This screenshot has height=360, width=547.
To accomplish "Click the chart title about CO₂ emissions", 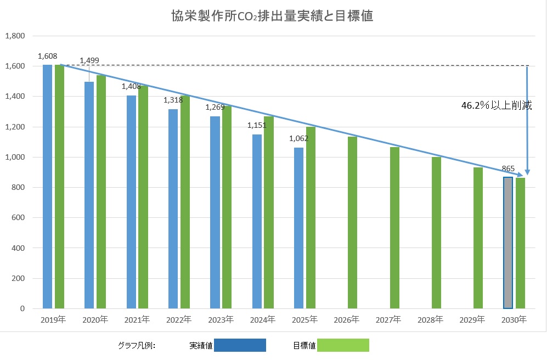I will point(273,16).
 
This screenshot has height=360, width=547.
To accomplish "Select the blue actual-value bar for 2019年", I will point(48,187).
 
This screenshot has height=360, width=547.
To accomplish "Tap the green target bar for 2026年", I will point(352,222).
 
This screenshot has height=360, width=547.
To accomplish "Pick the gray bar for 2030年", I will point(508,243).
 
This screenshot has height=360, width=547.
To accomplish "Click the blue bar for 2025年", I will point(298,228).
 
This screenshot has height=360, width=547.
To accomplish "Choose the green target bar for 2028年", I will point(436,233).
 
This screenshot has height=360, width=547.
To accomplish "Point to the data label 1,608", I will point(48,56).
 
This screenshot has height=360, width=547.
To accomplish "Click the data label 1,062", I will point(299,138).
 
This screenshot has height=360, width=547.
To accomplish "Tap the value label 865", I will point(508,169).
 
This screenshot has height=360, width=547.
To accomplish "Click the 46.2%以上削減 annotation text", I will point(497,106).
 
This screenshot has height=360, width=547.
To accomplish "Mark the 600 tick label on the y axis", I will point(19,218).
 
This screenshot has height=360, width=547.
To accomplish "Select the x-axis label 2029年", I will point(472,319).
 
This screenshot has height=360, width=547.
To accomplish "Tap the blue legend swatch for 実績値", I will point(240,345).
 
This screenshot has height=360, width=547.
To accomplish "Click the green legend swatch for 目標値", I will point(343,345).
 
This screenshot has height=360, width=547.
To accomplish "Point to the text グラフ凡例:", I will point(137,346).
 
